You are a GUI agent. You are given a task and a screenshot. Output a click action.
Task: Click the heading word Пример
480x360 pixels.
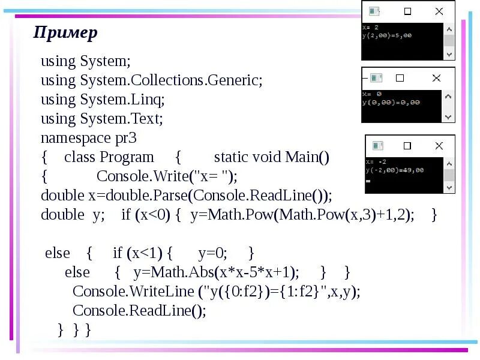pos(65,32)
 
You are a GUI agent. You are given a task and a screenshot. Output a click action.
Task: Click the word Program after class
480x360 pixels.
pos(127,157)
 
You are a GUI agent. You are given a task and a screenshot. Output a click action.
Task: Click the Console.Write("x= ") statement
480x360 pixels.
pos(167,176)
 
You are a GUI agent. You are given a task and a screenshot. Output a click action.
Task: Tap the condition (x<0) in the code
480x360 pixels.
pos(152,215)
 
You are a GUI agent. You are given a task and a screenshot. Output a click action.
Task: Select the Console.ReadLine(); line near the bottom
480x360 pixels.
pos(139,310)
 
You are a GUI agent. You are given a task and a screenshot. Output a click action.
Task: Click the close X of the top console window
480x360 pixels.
pos(440,11)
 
